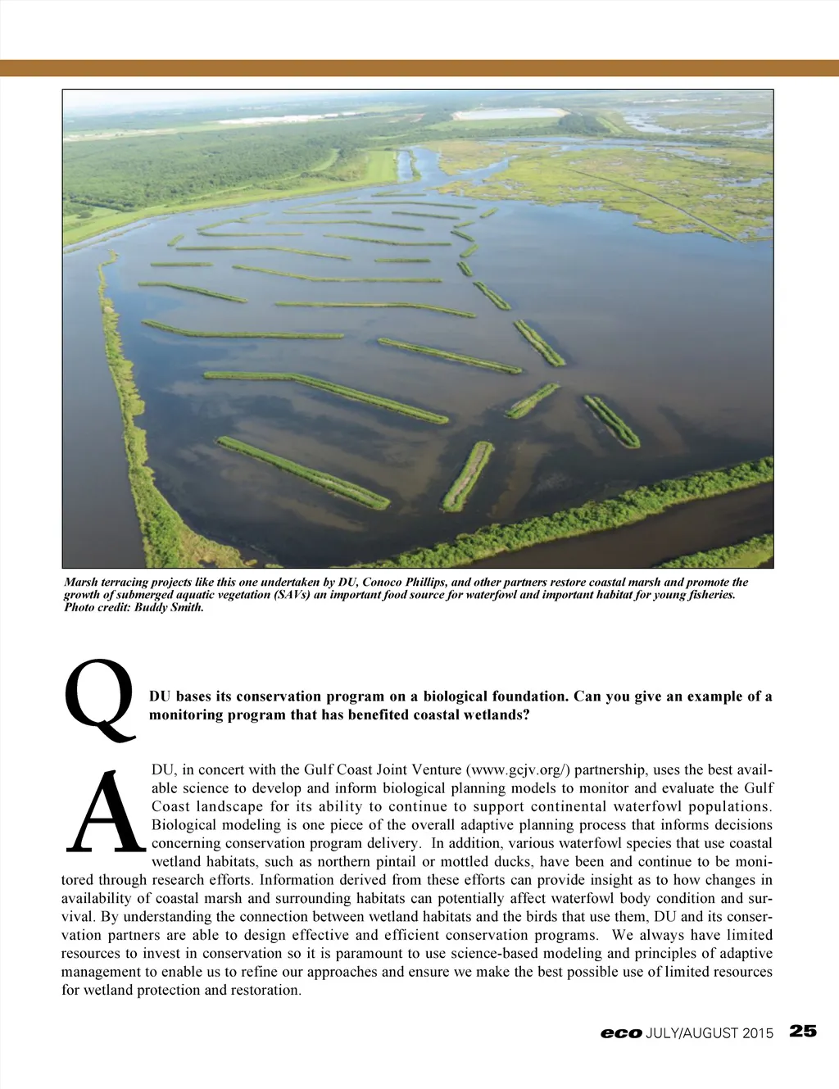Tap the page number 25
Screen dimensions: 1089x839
(x=803, y=1031)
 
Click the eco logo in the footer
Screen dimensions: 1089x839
(x=620, y=1033)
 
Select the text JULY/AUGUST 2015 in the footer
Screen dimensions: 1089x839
(x=710, y=1033)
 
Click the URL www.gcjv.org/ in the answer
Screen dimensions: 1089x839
(x=518, y=769)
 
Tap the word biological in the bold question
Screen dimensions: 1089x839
(x=454, y=697)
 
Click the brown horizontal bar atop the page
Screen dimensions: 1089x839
(x=419, y=68)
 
